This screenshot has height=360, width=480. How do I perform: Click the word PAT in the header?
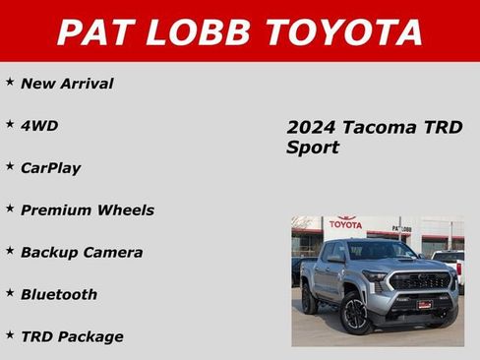click(98, 31)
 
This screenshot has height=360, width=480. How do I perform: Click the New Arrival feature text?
click(67, 84)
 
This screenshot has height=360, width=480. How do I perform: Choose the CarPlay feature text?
click(51, 168)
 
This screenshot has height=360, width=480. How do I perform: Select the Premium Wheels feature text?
click(88, 210)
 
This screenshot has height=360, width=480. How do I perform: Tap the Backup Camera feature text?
click(82, 252)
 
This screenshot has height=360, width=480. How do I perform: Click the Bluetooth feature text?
click(59, 294)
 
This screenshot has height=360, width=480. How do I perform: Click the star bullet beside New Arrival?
click(10, 82)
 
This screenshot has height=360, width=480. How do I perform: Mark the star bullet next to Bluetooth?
click(10, 292)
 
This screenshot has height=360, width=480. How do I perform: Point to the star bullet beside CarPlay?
click(10, 166)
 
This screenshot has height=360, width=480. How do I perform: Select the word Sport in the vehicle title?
click(313, 149)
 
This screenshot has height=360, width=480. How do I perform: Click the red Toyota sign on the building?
click(345, 223)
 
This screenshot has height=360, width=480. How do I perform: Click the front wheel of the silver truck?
click(355, 314)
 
